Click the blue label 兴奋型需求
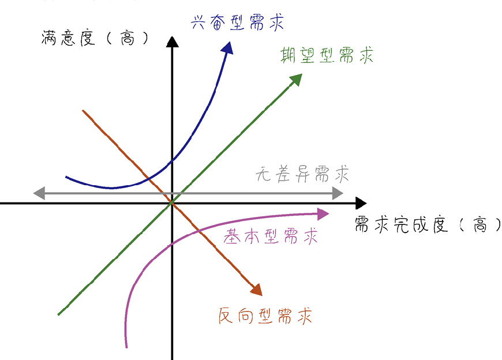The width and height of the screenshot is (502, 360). point(238,24)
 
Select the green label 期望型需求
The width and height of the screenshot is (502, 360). point(327,55)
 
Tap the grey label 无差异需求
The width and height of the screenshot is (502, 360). point(303,174)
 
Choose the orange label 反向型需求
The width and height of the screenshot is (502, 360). point(265,316)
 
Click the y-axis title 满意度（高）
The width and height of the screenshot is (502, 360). point(96,39)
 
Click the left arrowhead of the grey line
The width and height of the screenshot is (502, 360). point(39,193)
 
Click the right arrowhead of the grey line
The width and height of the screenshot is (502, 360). point(337,193)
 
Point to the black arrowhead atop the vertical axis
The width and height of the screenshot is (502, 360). point(172,42)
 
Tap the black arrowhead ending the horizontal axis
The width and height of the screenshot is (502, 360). point(361,203)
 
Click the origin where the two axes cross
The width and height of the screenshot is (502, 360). point(172,203)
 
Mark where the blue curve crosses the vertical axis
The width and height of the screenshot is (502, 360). point(172,160)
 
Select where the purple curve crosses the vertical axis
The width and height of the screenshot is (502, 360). point(172,245)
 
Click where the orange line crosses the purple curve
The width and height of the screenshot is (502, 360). point(198,231)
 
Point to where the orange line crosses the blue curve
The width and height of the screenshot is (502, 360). point(148,177)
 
